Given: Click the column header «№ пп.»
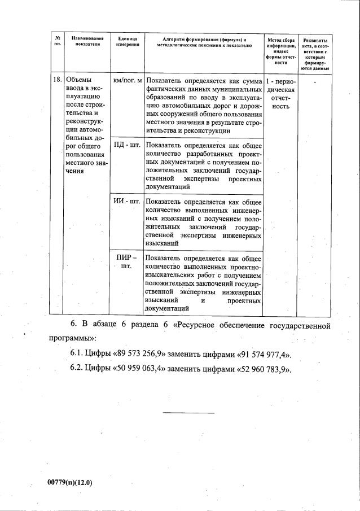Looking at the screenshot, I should coord(57,42).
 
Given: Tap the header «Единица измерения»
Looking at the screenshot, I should coord(128,42).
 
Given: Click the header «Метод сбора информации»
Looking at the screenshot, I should coord(280,51).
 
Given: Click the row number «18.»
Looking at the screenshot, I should coord(57,80).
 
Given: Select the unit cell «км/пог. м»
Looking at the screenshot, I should coord(128,80).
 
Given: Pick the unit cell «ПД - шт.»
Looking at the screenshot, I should coord(127,145).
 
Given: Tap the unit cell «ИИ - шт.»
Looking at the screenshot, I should coord(127,201).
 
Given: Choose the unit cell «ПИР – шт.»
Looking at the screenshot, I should coord(126,262).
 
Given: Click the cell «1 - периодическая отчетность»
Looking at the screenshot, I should coord(280,93).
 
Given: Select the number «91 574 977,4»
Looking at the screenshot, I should coord(262,355).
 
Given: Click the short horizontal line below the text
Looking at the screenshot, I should coord(188,413).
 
